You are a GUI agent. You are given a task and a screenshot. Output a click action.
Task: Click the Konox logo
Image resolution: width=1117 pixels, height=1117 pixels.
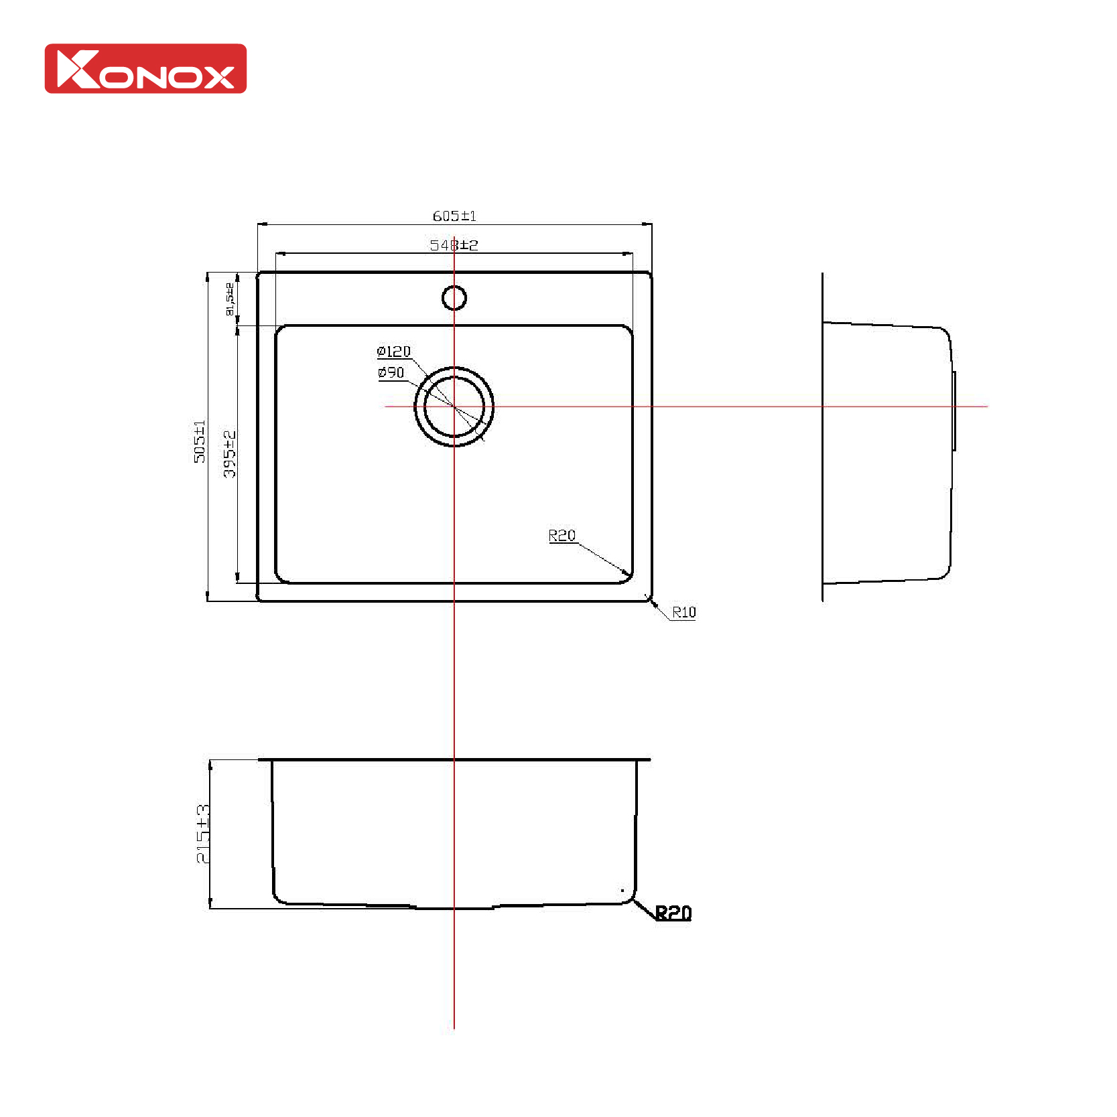(x=145, y=69)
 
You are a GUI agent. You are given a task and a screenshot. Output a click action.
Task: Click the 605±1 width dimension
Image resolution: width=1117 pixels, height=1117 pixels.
(x=454, y=216)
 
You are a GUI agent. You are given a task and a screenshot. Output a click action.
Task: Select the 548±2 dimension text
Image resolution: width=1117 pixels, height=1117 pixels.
(x=454, y=245)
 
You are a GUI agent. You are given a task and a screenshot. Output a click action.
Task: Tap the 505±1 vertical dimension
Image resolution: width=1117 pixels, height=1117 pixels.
(x=200, y=441)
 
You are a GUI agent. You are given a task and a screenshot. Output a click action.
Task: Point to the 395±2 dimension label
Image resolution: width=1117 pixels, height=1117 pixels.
(x=230, y=454)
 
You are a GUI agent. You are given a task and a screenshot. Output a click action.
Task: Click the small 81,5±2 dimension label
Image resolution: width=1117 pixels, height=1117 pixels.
(x=230, y=299)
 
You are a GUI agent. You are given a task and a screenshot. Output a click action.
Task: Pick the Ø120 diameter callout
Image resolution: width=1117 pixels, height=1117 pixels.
(x=394, y=352)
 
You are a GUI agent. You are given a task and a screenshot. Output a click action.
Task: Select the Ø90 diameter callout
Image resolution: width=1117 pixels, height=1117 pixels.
(x=391, y=372)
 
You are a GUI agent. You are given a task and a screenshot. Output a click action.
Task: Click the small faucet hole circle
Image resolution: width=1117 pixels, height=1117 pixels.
(x=454, y=298)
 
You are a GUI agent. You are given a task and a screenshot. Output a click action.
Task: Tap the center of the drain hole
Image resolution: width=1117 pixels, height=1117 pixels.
(x=454, y=406)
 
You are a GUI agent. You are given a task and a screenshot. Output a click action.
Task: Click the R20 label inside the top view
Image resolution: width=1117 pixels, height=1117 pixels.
(x=562, y=535)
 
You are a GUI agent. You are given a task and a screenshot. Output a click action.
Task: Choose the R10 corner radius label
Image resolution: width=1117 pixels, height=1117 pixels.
(x=683, y=612)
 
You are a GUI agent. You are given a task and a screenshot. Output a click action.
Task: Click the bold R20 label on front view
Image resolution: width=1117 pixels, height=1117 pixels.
(x=673, y=912)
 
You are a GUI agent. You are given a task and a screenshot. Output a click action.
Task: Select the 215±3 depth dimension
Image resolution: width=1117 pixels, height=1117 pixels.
(x=202, y=834)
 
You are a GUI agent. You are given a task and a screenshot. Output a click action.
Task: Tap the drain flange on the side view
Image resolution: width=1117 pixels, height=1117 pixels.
(x=954, y=410)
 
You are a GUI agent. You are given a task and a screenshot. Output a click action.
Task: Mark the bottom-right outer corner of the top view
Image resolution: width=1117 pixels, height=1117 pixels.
(x=651, y=600)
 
